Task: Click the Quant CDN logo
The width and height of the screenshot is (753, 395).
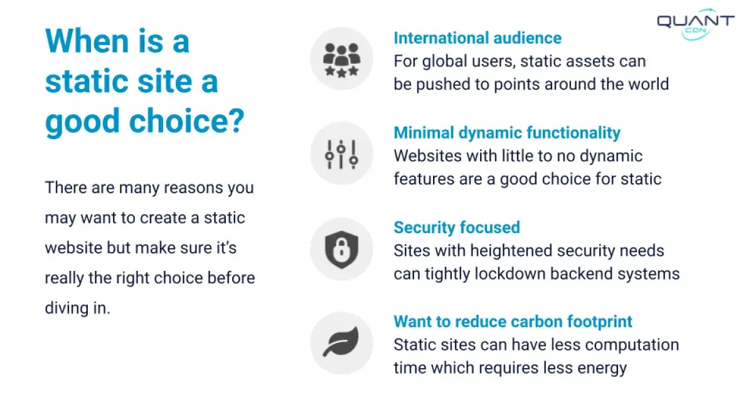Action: tap(696, 24)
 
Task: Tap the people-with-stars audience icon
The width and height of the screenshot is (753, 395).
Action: tap(341, 60)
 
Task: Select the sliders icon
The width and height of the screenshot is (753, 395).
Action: tap(341, 154)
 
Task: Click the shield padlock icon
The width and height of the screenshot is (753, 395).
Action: tap(341, 250)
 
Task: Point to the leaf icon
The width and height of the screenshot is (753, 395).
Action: tap(341, 342)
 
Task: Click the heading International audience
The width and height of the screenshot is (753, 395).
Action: tap(478, 38)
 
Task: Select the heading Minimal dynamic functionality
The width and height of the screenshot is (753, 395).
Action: tap(507, 133)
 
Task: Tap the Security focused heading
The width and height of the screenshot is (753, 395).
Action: tap(457, 228)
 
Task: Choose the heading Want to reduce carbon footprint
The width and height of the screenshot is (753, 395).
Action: tap(513, 322)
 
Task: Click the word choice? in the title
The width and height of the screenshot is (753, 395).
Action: tap(186, 121)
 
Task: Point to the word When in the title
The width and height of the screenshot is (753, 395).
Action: tap(87, 41)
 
